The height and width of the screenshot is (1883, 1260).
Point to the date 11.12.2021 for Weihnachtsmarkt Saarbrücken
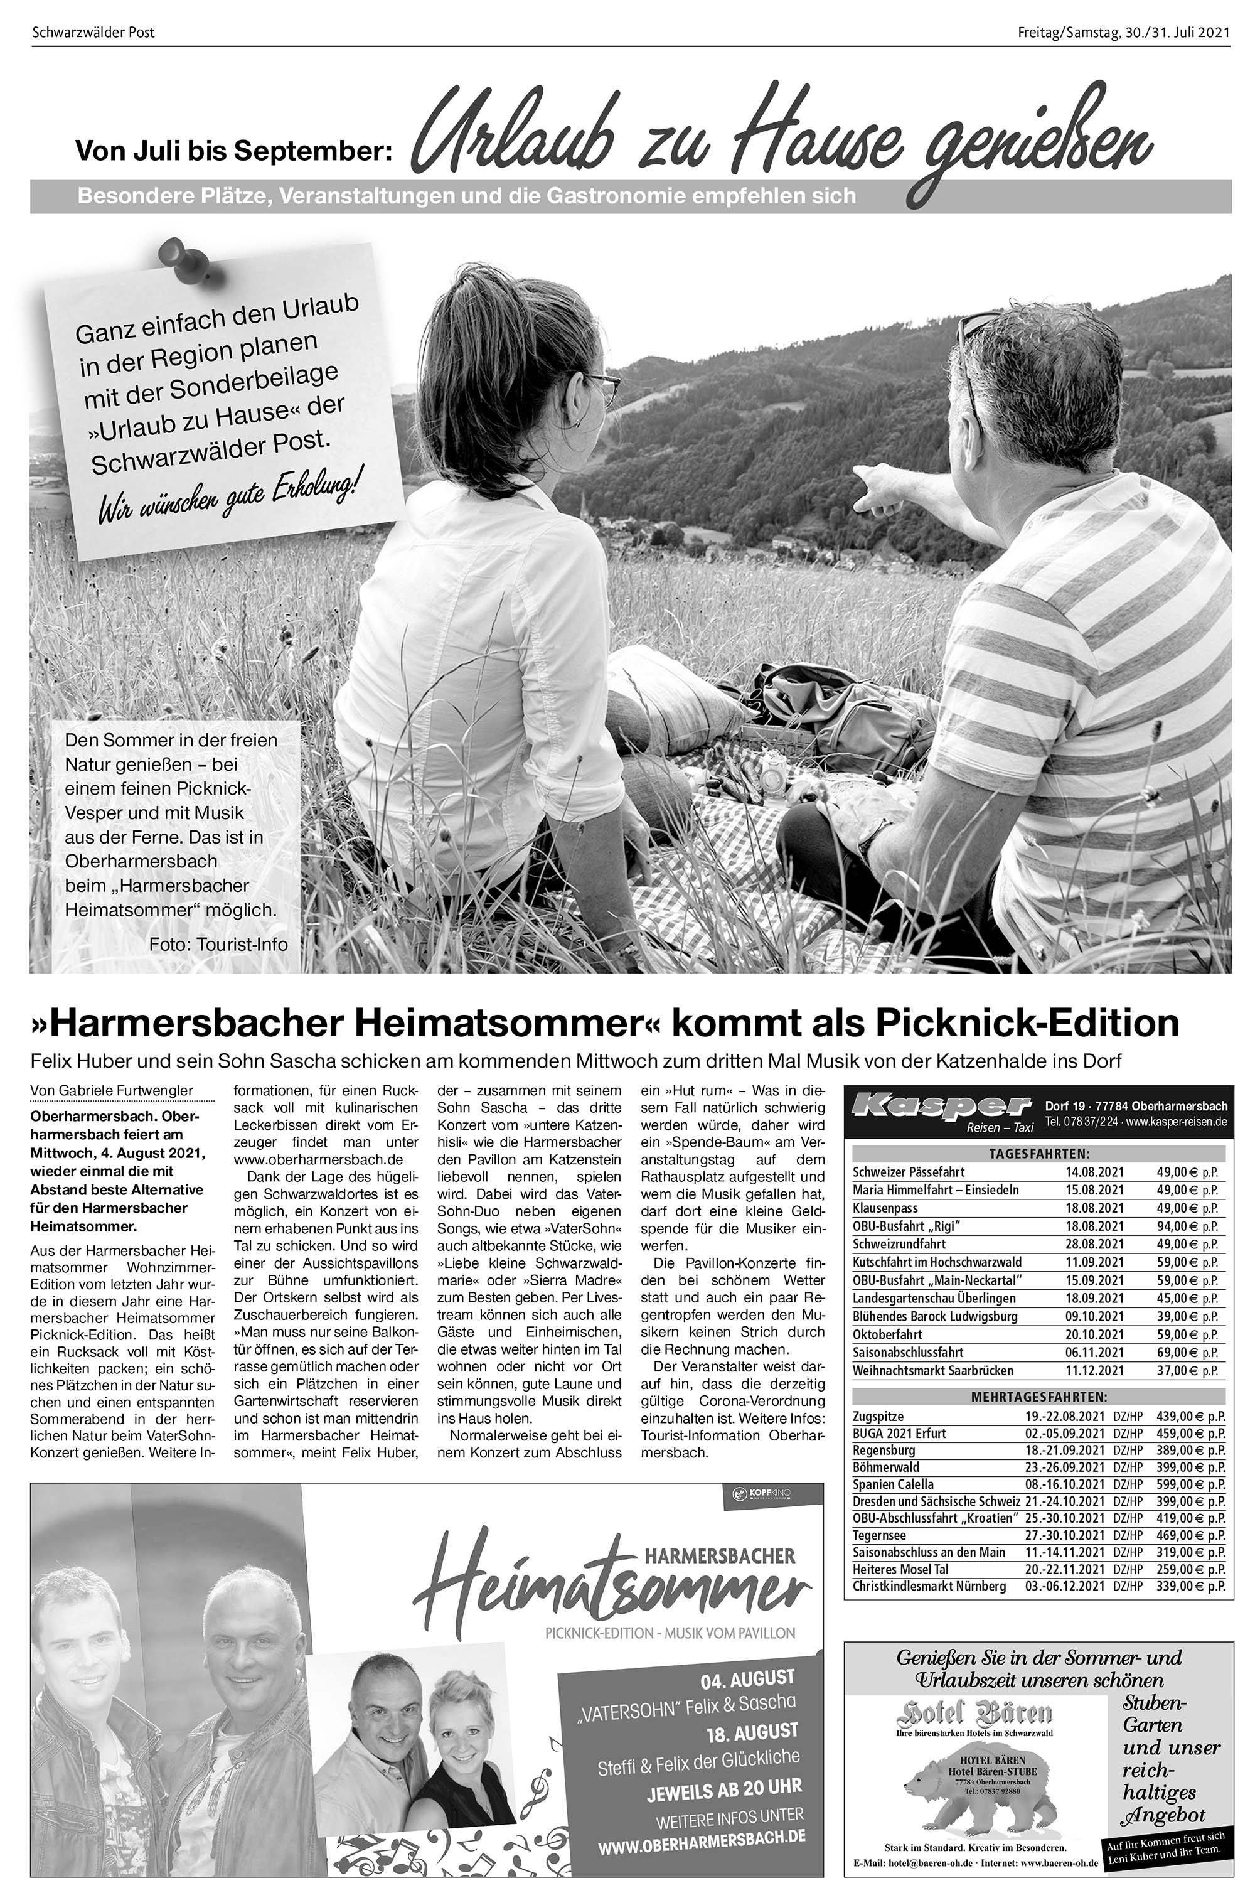(x=1094, y=1371)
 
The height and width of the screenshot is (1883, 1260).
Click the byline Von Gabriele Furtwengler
(x=112, y=1091)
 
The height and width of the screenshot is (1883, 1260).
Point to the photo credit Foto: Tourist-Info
(x=218, y=944)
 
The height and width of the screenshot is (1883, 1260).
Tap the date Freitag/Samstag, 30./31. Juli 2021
(x=1123, y=33)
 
